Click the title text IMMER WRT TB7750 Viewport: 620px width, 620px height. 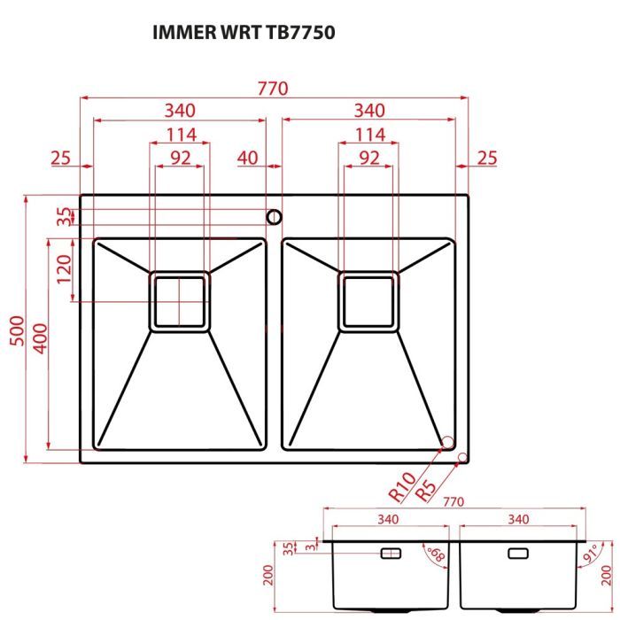pos(245,33)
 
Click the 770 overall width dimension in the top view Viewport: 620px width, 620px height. pos(274,89)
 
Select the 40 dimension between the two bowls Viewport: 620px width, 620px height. pos(247,159)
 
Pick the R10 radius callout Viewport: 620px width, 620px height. pos(401,486)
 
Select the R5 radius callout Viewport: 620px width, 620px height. pos(427,489)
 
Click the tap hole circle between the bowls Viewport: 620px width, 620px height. pos(274,216)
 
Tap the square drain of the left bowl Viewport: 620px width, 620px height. pos(180,300)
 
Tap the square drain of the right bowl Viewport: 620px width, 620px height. pos(369,300)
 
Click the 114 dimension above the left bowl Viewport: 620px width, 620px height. pos(179,135)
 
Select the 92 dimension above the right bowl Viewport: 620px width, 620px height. pos(369,159)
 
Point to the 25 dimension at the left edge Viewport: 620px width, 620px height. pos(60,159)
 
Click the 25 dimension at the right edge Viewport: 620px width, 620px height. pos(487,159)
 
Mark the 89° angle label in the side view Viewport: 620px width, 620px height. pos(435,555)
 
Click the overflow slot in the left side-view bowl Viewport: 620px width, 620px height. pos(391,553)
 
